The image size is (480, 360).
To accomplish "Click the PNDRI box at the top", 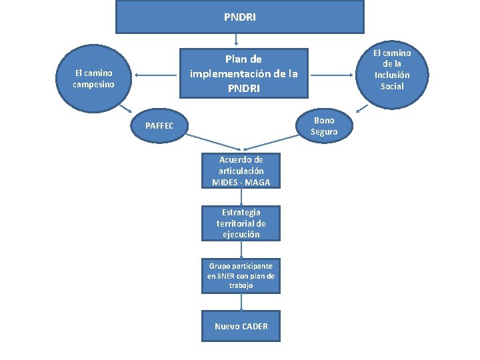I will [240, 16].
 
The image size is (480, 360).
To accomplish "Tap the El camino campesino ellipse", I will [94, 79].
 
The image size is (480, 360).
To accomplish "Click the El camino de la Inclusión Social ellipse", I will [391, 69].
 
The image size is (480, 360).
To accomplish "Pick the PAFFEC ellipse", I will [159, 126].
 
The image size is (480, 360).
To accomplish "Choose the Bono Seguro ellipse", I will [324, 126].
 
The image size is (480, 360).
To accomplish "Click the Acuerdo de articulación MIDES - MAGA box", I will [241, 171].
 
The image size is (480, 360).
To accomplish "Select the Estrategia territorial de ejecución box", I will [241, 223].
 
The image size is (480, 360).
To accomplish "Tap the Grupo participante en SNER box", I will [241, 275].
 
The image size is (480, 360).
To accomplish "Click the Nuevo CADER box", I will [241, 326].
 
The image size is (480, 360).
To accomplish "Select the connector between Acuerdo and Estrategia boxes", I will [241, 197].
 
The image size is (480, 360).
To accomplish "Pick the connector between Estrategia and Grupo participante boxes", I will [241, 249].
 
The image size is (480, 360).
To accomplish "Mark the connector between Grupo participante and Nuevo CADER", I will [241, 301].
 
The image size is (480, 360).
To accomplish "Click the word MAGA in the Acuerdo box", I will [257, 183].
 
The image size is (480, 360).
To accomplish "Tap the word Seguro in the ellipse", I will [324, 132].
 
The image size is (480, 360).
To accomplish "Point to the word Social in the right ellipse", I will [392, 86].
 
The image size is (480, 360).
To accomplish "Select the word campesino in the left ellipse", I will [94, 85].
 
